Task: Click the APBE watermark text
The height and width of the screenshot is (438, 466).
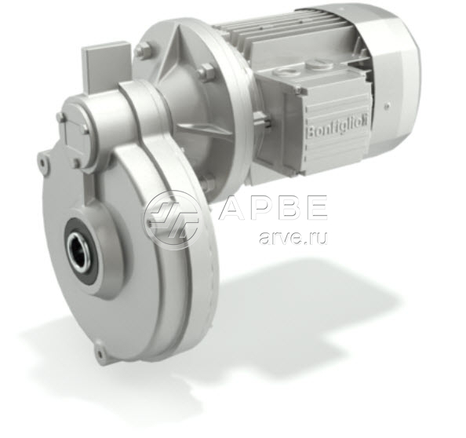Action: (273, 208)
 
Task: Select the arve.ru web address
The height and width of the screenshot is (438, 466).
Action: (293, 238)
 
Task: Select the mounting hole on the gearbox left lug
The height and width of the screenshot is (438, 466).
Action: (44, 162)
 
